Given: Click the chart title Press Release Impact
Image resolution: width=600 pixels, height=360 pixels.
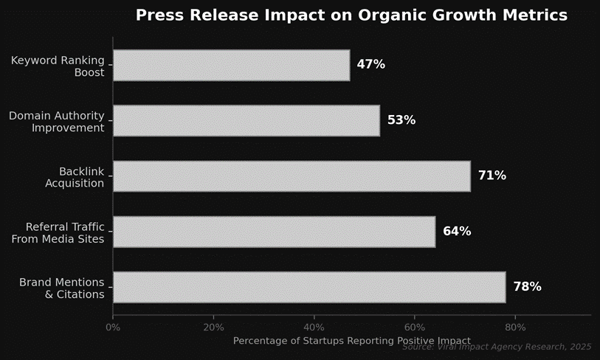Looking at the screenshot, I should click(351, 15).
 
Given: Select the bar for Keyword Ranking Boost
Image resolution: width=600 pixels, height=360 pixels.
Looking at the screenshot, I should click(231, 65).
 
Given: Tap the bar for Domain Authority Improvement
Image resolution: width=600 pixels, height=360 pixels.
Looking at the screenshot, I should click(246, 120).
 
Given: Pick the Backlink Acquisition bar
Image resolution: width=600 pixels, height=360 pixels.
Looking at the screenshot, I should click(292, 176).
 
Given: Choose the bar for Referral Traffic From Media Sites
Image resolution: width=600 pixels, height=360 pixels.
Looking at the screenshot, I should click(274, 232).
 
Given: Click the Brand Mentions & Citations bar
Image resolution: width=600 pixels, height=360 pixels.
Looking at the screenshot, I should click(309, 287).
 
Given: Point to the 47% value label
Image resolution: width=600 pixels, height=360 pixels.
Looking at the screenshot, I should click(370, 65).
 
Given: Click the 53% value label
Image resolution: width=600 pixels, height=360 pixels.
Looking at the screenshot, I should click(401, 120).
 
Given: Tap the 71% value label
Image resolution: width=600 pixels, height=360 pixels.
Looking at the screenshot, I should click(492, 176).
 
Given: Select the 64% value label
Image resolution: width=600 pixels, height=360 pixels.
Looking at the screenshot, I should click(457, 232).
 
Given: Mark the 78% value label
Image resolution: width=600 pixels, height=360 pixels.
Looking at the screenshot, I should click(527, 287).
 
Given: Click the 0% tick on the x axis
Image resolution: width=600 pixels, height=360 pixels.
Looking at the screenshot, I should click(113, 327).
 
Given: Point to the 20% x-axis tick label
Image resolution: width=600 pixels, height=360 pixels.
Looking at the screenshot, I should click(213, 327).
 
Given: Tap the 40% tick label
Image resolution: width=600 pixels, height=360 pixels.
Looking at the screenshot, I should click(314, 327).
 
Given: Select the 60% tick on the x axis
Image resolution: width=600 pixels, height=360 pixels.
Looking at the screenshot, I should click(415, 327).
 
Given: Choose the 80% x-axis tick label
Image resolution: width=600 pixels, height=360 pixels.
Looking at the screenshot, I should click(515, 327).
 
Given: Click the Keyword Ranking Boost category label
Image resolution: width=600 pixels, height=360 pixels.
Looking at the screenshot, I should click(58, 66).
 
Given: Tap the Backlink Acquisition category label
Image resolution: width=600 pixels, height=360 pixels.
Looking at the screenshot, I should click(75, 177).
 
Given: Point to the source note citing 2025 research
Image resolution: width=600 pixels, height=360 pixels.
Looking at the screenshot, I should click(497, 347).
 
